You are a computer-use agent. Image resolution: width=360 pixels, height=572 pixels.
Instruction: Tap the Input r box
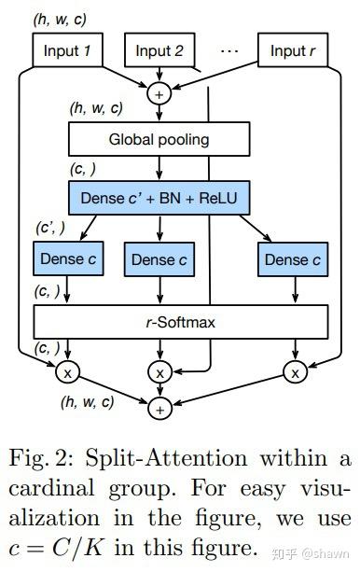[299, 51]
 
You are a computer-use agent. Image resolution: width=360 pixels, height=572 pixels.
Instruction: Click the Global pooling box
[159, 140]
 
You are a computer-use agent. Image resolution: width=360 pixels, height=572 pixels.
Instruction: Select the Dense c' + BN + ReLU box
[159, 198]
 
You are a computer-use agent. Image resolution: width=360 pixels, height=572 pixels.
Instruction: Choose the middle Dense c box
[159, 259]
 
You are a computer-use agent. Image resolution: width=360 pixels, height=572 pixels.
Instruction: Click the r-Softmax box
[181, 322]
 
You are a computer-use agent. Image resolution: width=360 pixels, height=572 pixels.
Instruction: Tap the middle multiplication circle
[159, 372]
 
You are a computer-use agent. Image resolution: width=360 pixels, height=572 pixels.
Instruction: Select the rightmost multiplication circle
[295, 372]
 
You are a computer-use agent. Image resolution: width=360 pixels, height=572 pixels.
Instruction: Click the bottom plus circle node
[159, 409]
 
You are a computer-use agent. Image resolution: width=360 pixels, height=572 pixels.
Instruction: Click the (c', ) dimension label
[50, 228]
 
